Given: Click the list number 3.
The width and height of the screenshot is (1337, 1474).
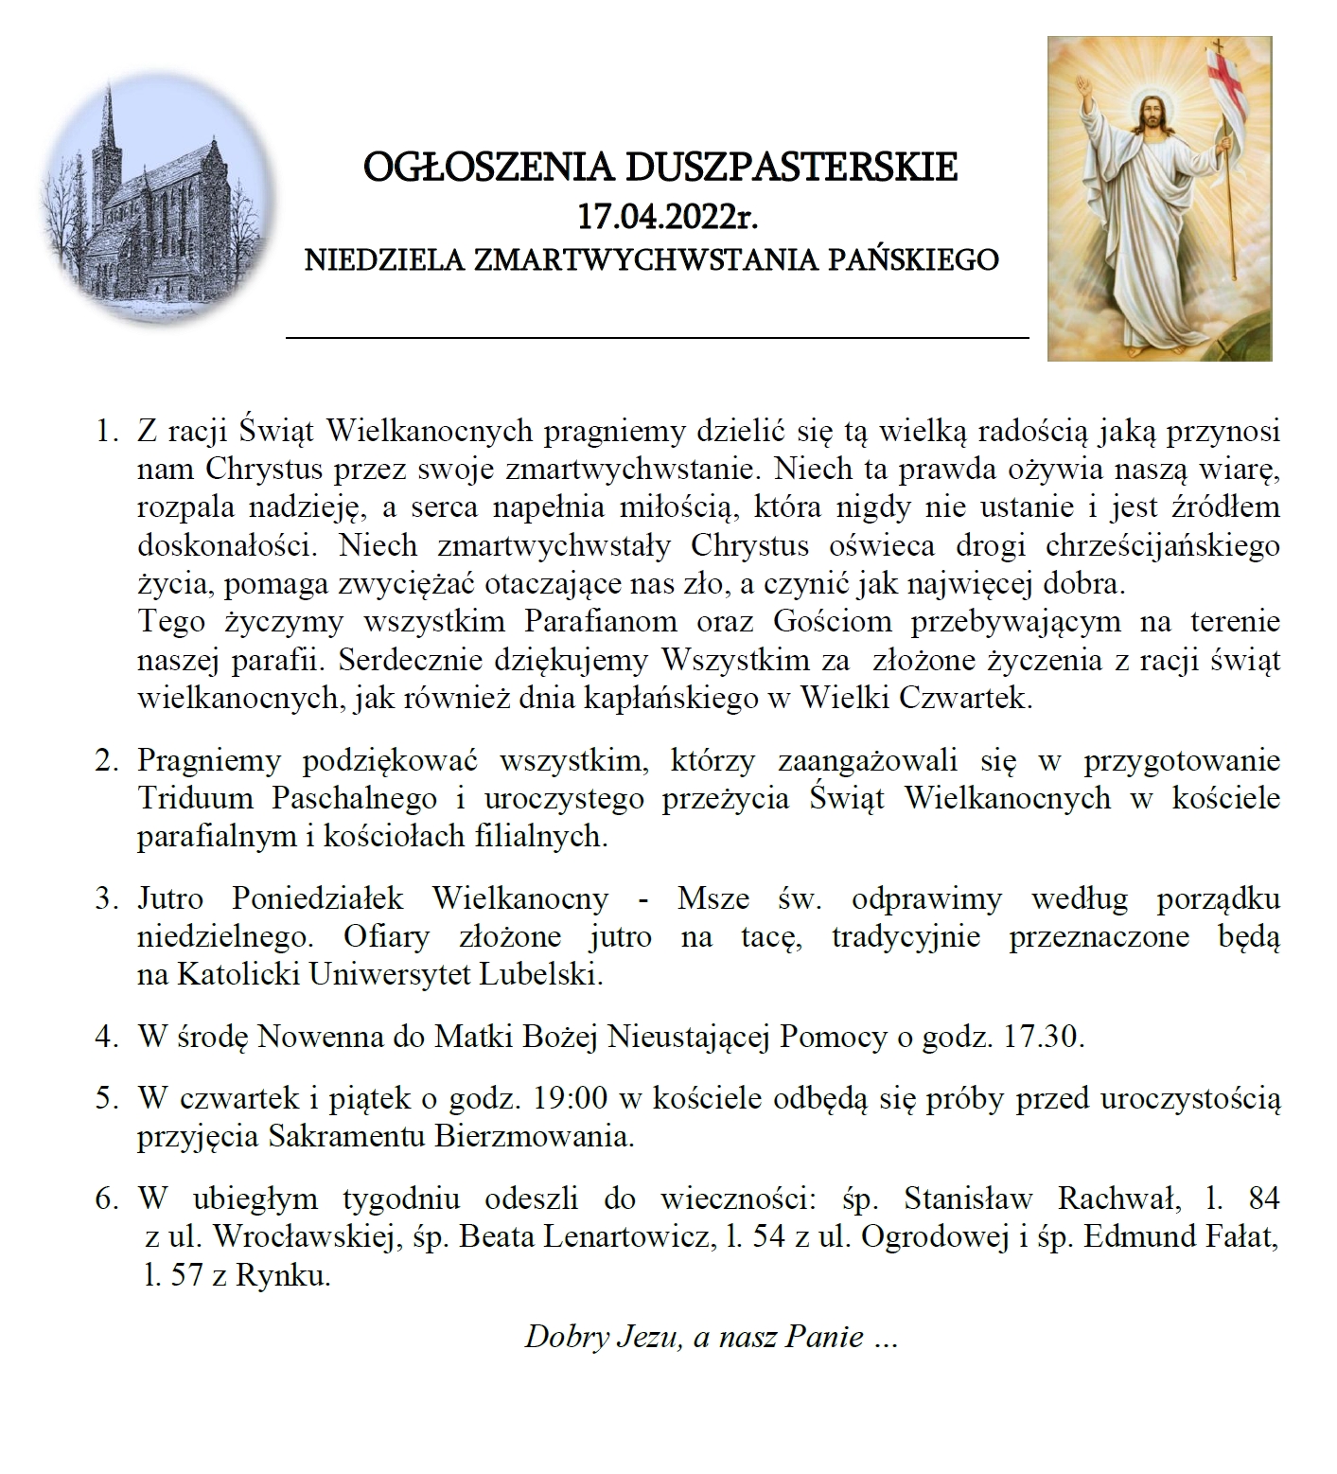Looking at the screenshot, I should coord(105,898).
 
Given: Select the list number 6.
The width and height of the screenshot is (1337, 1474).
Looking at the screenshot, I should coord(105,1199).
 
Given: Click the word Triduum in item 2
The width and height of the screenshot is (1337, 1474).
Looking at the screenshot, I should coord(195,798).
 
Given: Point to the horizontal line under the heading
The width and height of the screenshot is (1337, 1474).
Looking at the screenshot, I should coord(657,336).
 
